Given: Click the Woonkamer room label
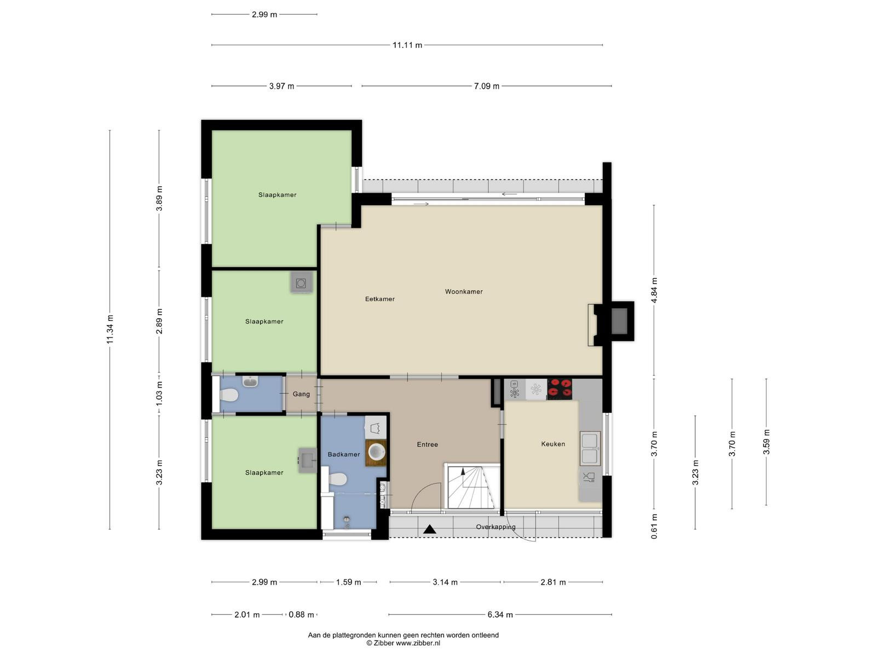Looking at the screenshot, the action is click(x=464, y=292).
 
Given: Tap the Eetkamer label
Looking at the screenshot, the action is click(x=379, y=299).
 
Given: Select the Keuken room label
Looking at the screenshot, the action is click(x=553, y=443).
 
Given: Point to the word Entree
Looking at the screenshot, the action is click(x=428, y=445).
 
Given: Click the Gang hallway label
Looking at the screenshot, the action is click(x=301, y=394).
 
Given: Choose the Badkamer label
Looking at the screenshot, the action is click(x=344, y=454).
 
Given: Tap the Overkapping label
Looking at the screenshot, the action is click(x=495, y=527).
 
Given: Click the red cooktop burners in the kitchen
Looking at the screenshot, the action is click(x=560, y=389).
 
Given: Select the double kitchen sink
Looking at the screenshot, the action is click(x=590, y=448).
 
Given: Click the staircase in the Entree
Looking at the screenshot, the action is click(x=472, y=486).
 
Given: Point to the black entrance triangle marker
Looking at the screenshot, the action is click(x=429, y=529).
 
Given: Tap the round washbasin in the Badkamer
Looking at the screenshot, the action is click(x=376, y=452).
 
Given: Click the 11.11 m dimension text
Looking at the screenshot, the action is click(x=407, y=45).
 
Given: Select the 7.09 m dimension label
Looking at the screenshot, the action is click(x=487, y=86).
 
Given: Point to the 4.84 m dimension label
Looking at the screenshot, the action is click(x=654, y=290).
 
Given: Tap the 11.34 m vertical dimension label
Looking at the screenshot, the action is click(x=110, y=330).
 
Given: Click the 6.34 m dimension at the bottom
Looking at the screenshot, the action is click(x=500, y=615).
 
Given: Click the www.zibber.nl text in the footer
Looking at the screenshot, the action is click(x=418, y=643).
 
